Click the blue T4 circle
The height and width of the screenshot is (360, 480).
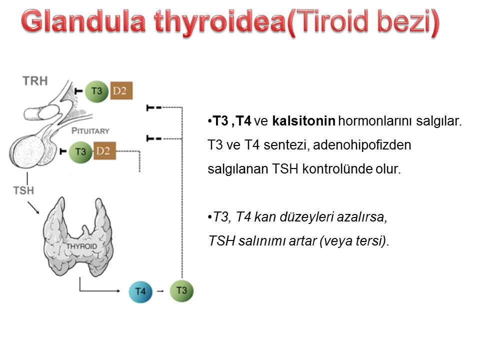(x=140, y=291)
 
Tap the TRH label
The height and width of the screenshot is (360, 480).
(x=35, y=81)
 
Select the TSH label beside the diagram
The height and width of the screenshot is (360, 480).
(x=23, y=190)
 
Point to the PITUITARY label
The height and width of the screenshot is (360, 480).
(x=90, y=131)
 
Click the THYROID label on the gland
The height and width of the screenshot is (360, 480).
(x=81, y=246)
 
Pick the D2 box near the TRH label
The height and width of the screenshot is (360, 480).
(x=121, y=90)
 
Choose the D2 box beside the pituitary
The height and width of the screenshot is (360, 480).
(x=104, y=150)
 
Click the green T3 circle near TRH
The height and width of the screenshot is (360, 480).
(x=96, y=91)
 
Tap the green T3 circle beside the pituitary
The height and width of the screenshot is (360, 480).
(x=80, y=151)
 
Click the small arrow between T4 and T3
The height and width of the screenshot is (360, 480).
(x=160, y=291)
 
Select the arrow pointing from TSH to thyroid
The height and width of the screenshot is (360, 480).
(x=33, y=207)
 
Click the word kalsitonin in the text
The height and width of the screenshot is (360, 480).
(x=303, y=121)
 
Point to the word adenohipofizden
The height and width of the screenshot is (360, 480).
(x=362, y=145)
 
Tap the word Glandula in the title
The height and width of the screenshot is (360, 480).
(x=83, y=21)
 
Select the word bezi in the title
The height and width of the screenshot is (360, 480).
(x=404, y=21)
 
